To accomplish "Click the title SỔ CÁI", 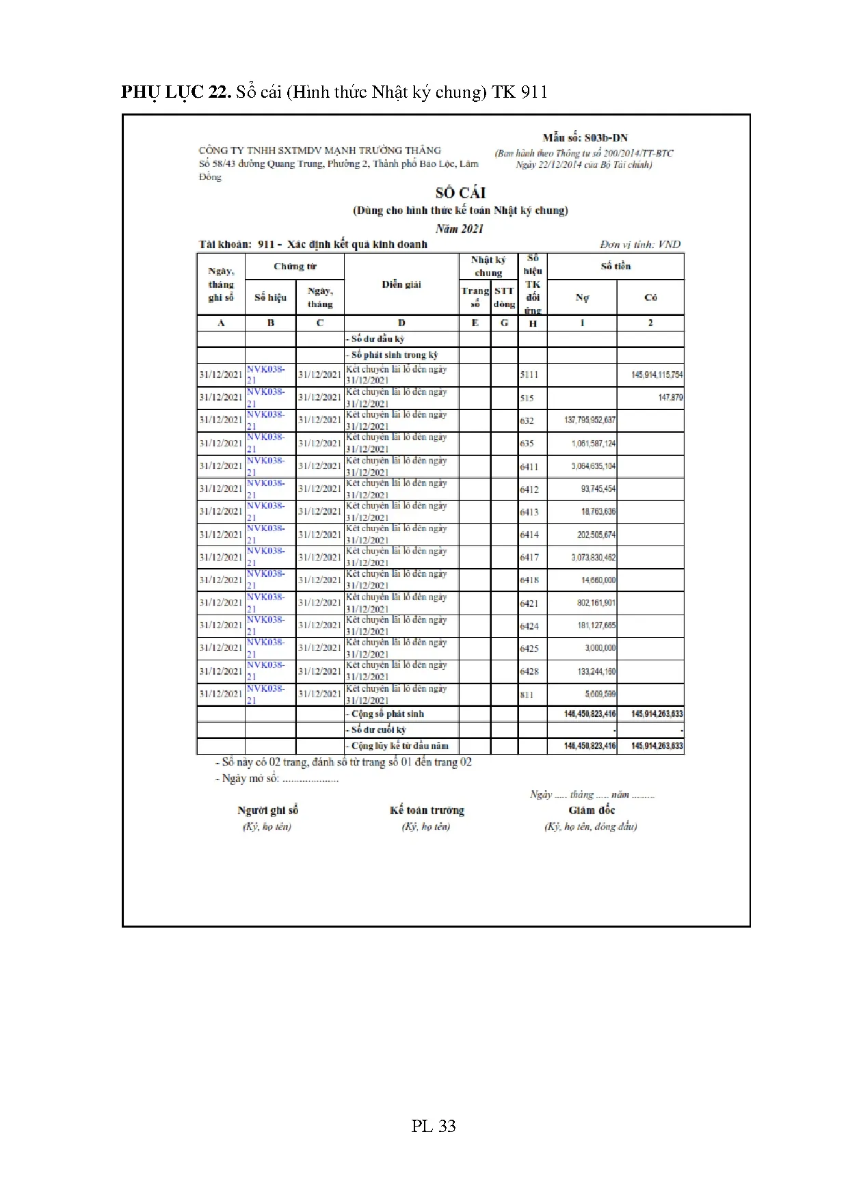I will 460,193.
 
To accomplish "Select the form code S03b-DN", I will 585,137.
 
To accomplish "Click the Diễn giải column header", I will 401,284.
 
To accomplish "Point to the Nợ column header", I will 582,297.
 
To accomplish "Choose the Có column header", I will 650,297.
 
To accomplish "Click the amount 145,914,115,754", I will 657,375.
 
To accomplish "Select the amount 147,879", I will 670,397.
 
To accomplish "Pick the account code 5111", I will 529,375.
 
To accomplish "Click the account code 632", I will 527,420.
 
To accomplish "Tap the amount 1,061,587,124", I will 593,444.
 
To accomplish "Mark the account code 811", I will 527,695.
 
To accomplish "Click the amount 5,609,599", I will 600,694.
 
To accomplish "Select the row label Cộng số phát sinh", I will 386,714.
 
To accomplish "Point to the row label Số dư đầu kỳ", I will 376,339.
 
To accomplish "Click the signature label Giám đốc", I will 592,811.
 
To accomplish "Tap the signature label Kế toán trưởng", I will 427,811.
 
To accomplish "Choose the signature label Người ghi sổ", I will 267,811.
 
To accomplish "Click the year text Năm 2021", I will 460,228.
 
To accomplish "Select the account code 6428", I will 529,671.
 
